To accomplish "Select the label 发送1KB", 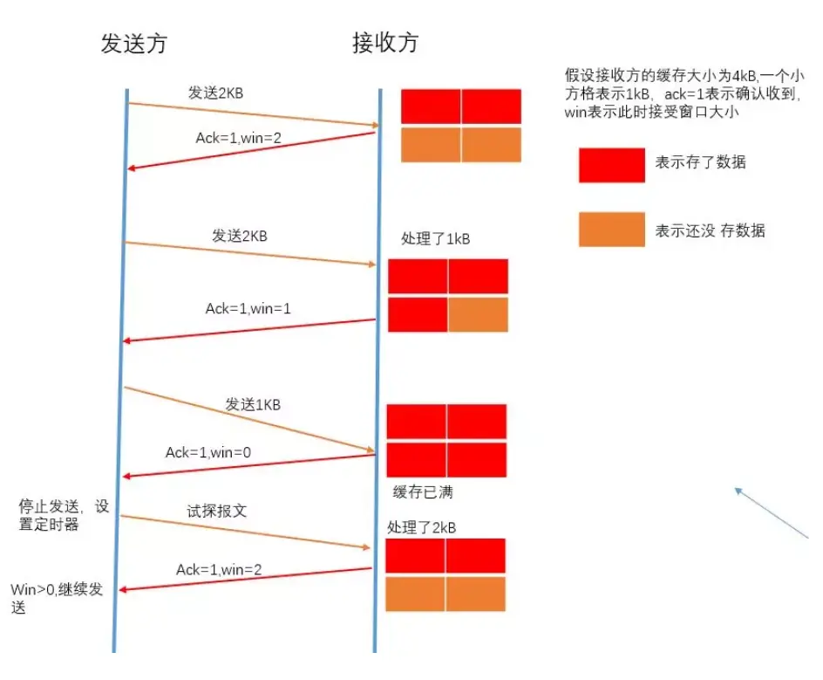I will (253, 405).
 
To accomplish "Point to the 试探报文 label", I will (216, 511).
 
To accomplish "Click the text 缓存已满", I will (423, 492).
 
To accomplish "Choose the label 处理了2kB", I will (422, 527).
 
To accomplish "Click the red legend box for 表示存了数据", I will (611, 164).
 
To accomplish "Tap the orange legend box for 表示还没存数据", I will (611, 230).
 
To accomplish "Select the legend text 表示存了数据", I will (700, 162).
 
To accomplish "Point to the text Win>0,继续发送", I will (57, 598).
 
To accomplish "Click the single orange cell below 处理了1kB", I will (478, 315).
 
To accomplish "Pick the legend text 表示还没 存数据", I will (710, 230).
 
